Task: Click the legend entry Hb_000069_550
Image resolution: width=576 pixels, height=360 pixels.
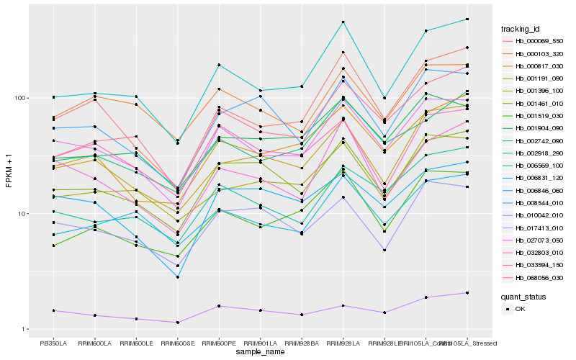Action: pos(539,41)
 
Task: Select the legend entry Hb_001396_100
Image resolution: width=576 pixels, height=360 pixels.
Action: pos(539,91)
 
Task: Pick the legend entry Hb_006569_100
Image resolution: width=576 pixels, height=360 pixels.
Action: pos(539,165)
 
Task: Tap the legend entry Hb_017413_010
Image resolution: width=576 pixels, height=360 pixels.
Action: pos(539,228)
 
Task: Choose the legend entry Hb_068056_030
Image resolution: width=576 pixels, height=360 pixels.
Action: pos(539,276)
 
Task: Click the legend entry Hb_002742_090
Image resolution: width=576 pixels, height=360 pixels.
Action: pos(539,140)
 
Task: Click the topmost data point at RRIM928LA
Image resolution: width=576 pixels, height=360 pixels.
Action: pos(343,22)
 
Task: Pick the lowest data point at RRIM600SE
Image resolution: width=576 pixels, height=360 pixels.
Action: pos(177,322)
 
